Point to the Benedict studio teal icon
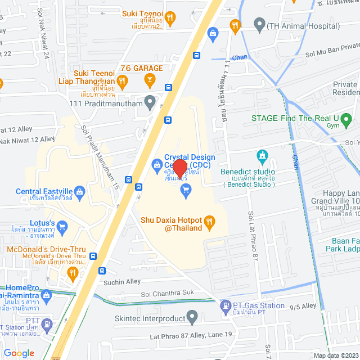point(262,155)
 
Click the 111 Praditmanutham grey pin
point(149,102)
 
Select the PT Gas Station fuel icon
point(224,306)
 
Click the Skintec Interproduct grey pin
point(193,318)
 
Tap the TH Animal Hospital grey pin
point(259,25)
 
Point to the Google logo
point(19,353)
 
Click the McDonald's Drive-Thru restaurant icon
point(72,273)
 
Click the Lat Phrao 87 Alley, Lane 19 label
point(191,335)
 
